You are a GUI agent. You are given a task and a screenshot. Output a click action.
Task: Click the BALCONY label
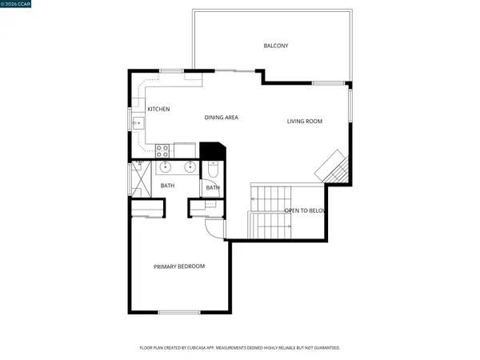[x=276, y=46]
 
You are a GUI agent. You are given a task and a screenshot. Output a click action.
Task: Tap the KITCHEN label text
[x=158, y=109]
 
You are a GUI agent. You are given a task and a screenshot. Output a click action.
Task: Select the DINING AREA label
[x=222, y=118]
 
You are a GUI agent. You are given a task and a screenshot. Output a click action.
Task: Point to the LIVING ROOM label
[x=305, y=122]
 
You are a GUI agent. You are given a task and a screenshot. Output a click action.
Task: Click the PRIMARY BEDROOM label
[x=179, y=266]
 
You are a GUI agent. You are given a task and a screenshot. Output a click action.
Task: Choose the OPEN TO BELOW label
[x=305, y=211]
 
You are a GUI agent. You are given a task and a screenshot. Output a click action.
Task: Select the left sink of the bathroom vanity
[x=166, y=167]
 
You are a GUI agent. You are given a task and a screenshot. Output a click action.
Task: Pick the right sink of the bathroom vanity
[x=190, y=167]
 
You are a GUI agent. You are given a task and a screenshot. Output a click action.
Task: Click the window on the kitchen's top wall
[x=171, y=71]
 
